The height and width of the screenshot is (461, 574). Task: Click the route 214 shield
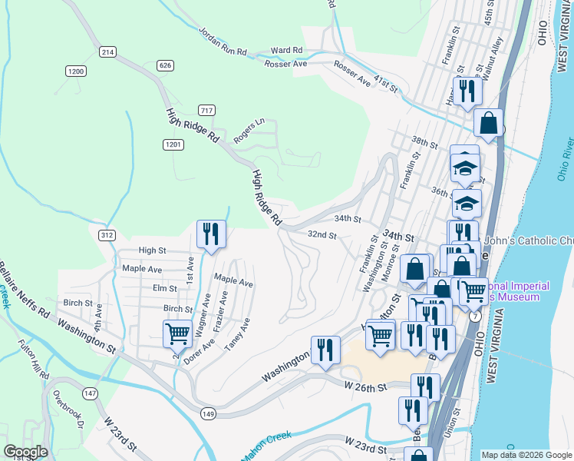pyautogui.click(x=107, y=51)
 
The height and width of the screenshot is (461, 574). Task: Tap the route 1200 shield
pyautogui.click(x=75, y=71)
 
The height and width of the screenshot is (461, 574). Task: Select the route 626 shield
pyautogui.click(x=165, y=66)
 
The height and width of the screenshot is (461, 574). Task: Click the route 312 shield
pyautogui.click(x=107, y=234)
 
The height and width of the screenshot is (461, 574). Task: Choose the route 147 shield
pyautogui.click(x=91, y=393)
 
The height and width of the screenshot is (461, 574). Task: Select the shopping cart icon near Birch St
pyautogui.click(x=177, y=333)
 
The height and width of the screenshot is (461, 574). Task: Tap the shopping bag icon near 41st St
pyautogui.click(x=488, y=122)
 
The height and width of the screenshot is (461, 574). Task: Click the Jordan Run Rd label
pyautogui.click(x=223, y=43)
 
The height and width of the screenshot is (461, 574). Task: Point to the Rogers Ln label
pyautogui.click(x=249, y=126)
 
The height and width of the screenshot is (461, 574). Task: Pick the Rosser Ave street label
pyautogui.click(x=285, y=64)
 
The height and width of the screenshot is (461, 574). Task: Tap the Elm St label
pyautogui.click(x=165, y=288)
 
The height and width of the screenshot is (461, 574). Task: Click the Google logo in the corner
pyautogui.click(x=26, y=451)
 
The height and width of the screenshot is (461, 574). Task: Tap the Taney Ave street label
pyautogui.click(x=237, y=335)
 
